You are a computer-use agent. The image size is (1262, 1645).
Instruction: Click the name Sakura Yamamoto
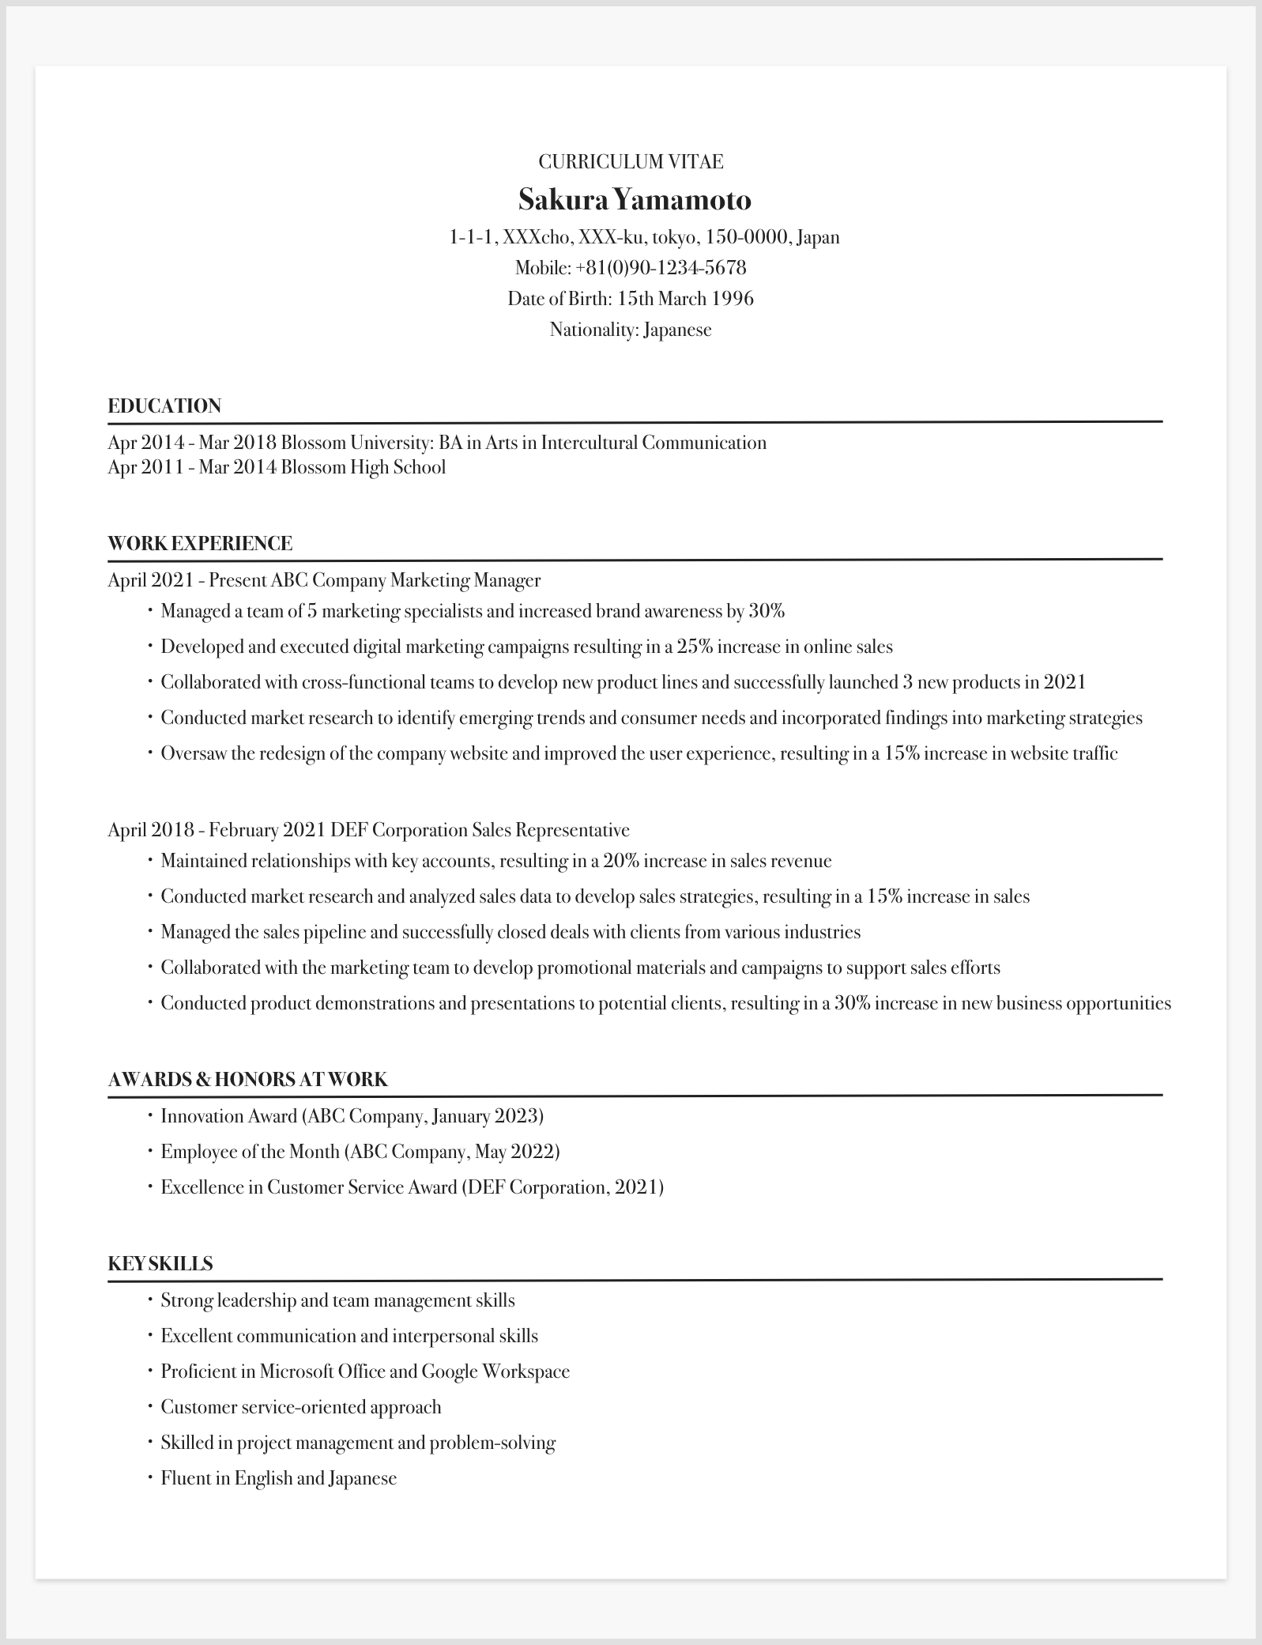click(634, 200)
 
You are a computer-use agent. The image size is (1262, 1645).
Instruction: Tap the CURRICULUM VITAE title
click(631, 162)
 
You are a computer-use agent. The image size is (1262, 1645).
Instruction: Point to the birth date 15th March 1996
click(685, 299)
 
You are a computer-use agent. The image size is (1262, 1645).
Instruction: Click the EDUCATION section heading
click(164, 406)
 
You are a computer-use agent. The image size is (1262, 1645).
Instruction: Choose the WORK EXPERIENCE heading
click(200, 544)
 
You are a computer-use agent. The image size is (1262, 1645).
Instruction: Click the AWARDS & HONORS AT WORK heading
click(247, 1080)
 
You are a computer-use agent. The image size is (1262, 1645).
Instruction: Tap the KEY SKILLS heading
click(160, 1264)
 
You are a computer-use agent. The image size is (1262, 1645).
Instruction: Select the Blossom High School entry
click(363, 467)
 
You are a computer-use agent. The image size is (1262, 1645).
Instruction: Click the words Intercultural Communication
click(654, 443)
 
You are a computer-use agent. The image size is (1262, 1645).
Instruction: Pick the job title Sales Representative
click(551, 830)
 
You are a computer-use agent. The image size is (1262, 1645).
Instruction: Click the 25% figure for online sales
click(695, 647)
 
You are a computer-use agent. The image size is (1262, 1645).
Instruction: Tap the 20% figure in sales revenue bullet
click(620, 861)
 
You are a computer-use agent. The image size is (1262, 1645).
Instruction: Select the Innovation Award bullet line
click(352, 1116)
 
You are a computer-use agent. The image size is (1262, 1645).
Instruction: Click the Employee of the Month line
click(360, 1152)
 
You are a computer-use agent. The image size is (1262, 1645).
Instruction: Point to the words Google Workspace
click(495, 1371)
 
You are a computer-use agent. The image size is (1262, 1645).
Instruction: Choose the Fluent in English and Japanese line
click(278, 1478)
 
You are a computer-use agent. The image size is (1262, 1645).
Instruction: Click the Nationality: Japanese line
click(631, 330)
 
